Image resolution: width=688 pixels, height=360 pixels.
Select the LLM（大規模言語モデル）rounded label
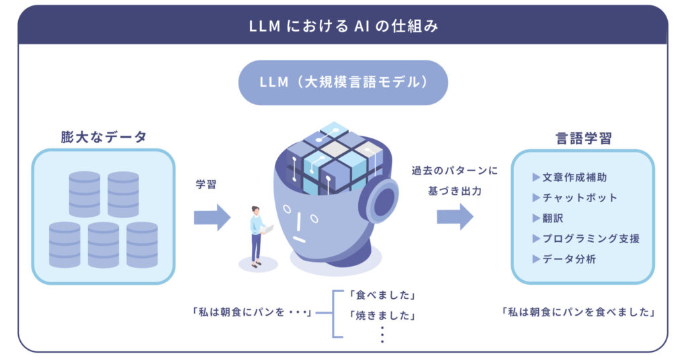(x=343, y=83)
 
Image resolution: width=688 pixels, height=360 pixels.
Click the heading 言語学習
(x=583, y=138)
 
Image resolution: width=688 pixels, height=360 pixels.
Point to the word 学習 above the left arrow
(x=206, y=184)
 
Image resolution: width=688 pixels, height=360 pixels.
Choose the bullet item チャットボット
(x=579, y=197)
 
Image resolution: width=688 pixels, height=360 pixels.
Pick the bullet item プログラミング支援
(x=590, y=238)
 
